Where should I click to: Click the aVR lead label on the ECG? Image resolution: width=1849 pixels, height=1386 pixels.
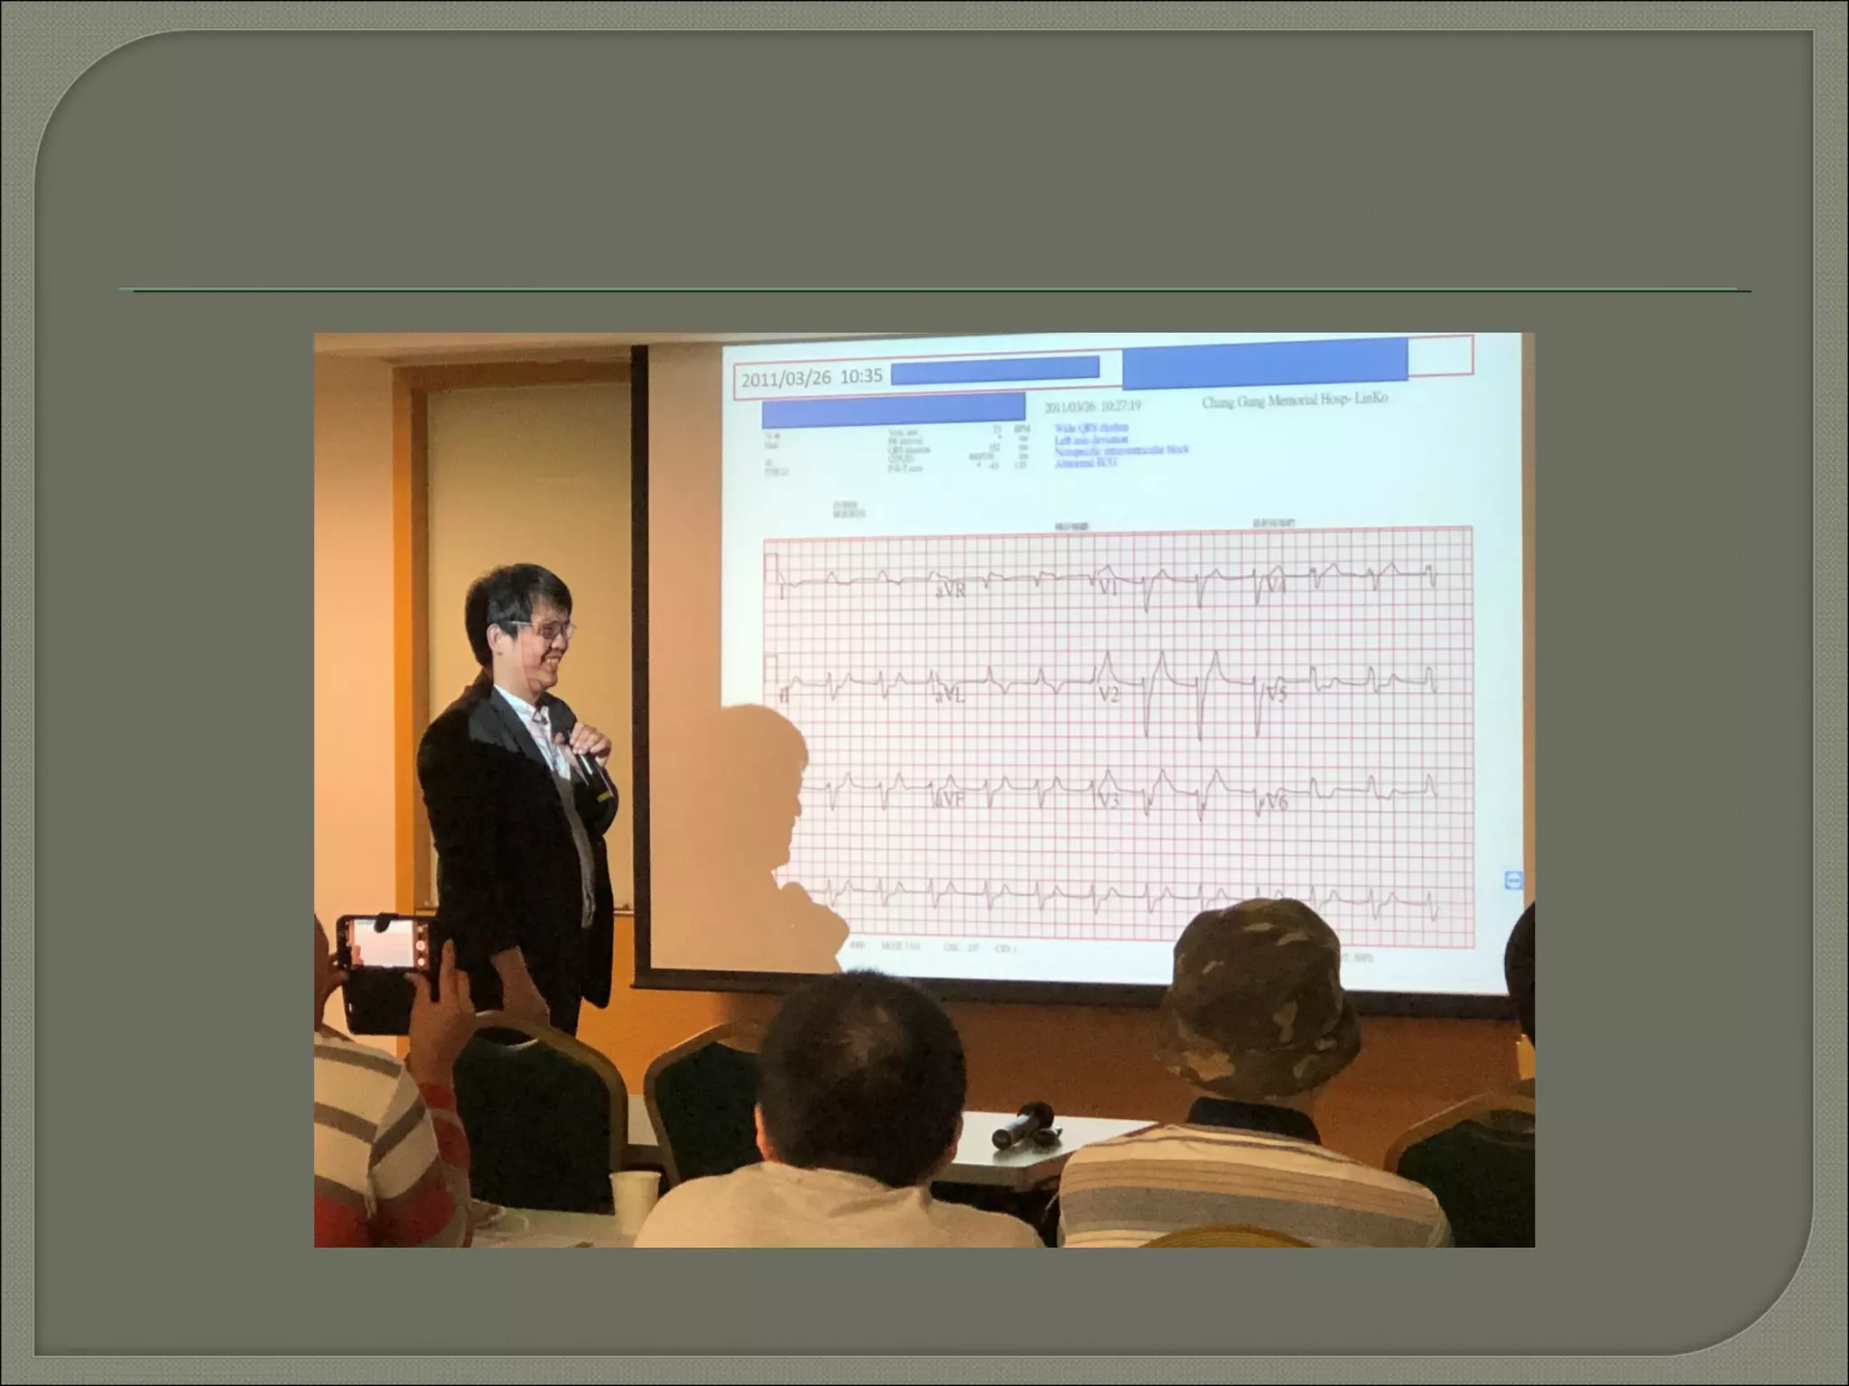click(951, 591)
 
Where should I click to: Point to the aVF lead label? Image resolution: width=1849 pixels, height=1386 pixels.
click(951, 799)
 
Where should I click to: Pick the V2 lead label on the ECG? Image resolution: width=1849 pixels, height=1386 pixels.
click(1109, 694)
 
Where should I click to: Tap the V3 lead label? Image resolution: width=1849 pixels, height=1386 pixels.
click(1109, 799)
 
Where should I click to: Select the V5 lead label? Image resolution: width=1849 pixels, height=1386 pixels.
click(1276, 694)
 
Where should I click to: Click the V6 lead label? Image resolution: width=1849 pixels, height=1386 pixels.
click(1276, 800)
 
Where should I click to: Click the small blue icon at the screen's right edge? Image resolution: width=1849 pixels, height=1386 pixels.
click(1513, 879)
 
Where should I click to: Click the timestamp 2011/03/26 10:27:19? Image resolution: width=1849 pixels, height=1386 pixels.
click(1092, 407)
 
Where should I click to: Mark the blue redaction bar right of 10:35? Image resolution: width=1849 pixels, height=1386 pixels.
click(994, 369)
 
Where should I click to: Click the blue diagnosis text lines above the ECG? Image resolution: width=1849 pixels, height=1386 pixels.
click(1120, 445)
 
